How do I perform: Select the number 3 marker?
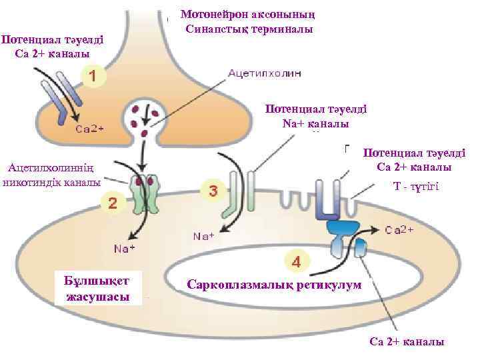click(213, 190)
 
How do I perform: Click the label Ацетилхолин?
click(265, 74)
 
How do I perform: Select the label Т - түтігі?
click(415, 189)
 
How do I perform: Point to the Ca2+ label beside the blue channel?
click(399, 230)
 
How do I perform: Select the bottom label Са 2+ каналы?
click(407, 341)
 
